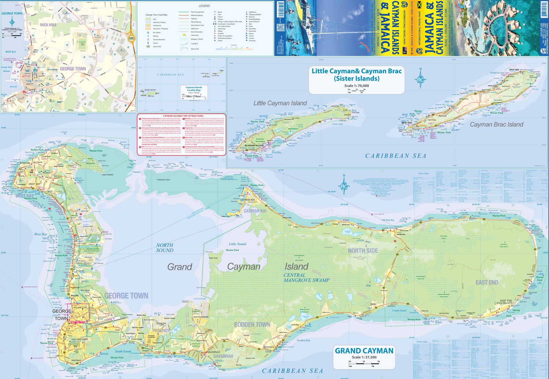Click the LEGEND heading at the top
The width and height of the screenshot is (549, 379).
tap(204, 6)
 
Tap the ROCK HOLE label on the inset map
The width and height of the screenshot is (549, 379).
tap(48, 25)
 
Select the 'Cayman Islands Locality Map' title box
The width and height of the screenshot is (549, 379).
tap(194, 89)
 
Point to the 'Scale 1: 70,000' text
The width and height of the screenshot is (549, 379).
tap(356, 86)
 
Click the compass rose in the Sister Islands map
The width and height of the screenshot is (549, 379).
tap(421, 78)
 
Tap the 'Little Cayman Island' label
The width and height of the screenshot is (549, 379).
tap(280, 103)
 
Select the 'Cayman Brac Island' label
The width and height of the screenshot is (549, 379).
tap(496, 125)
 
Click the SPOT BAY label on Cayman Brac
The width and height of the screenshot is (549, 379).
tap(514, 70)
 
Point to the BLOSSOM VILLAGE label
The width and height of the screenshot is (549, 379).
tap(254, 146)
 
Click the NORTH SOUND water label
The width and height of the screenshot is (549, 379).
tap(165, 248)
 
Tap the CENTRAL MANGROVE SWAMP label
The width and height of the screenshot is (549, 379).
tap(306, 278)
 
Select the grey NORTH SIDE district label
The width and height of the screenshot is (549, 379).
tap(363, 251)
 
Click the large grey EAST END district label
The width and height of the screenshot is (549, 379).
tap(486, 282)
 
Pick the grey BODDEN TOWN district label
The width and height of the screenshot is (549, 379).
tap(252, 325)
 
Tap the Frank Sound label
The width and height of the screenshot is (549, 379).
tap(399, 310)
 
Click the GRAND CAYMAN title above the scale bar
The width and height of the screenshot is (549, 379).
tap(364, 351)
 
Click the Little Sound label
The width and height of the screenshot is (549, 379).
tap(238, 244)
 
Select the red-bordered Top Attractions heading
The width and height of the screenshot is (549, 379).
tap(183, 116)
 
